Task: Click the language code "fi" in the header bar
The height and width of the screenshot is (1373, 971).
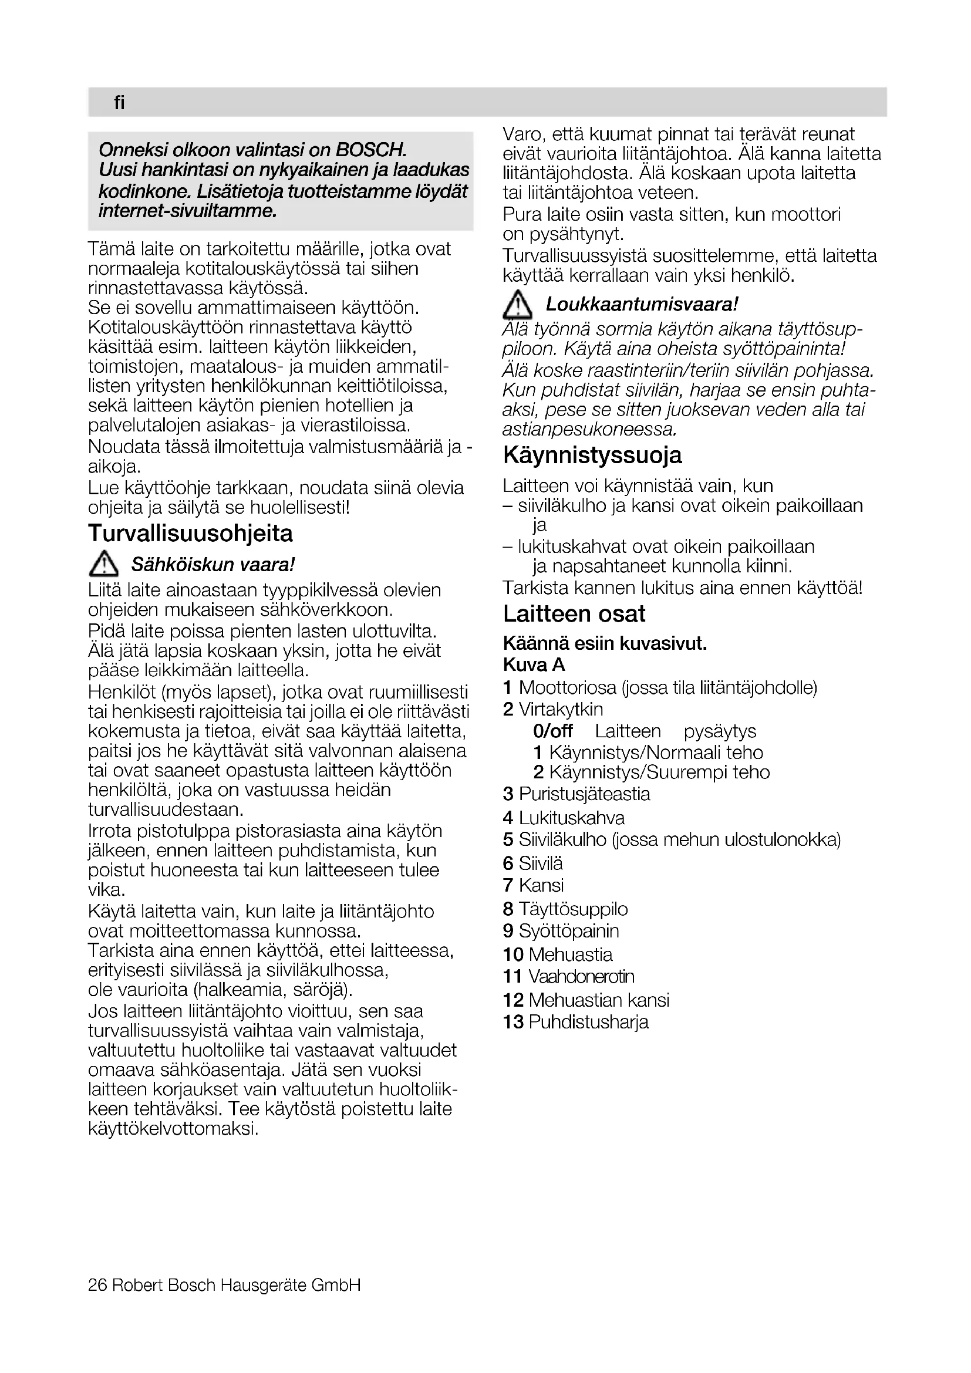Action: (119, 103)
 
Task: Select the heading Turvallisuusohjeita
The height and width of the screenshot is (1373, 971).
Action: (190, 534)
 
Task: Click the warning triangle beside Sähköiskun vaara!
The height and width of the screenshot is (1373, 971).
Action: (102, 564)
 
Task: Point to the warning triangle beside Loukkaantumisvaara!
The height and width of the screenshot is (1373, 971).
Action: (517, 305)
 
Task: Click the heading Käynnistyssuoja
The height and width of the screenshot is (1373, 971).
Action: (592, 456)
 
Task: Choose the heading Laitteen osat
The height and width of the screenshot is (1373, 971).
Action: (574, 614)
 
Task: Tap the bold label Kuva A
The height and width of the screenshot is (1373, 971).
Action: (534, 665)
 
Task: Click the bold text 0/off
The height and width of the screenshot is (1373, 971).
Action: (552, 731)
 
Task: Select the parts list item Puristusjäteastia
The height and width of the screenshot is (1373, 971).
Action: (584, 794)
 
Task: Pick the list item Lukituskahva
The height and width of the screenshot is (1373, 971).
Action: (571, 818)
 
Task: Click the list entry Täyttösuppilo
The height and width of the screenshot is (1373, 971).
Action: (573, 909)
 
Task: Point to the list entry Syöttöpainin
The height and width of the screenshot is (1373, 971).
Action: (569, 930)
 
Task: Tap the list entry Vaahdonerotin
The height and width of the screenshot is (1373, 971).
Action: (581, 976)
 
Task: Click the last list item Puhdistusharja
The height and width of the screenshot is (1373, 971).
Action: (588, 1021)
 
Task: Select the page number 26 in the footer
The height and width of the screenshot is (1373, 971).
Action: (97, 1284)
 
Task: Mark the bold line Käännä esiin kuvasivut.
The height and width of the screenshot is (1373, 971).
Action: (605, 644)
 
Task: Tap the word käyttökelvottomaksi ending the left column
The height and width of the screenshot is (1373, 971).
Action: (173, 1129)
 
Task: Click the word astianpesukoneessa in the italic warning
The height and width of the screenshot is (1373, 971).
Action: (589, 429)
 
